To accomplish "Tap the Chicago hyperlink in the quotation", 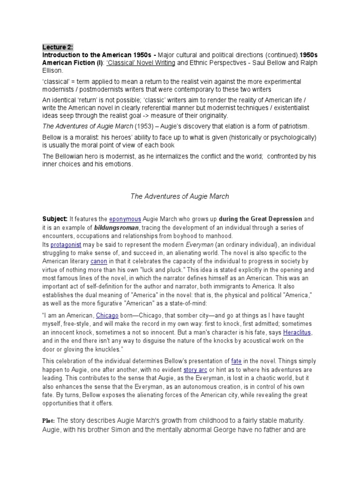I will point(107,316).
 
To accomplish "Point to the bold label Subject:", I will point(55,219).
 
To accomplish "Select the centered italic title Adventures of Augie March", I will point(180,196).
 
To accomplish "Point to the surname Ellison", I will point(52,71).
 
